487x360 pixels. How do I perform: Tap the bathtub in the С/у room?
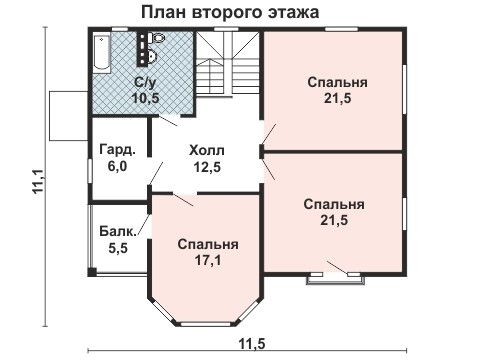[102, 53]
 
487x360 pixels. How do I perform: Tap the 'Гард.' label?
[117, 151]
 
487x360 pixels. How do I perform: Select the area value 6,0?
[117, 167]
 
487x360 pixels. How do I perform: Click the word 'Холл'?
[208, 150]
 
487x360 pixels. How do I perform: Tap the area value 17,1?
[208, 260]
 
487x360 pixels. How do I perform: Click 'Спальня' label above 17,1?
[208, 244]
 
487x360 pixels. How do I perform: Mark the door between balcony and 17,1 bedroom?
[143, 226]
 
